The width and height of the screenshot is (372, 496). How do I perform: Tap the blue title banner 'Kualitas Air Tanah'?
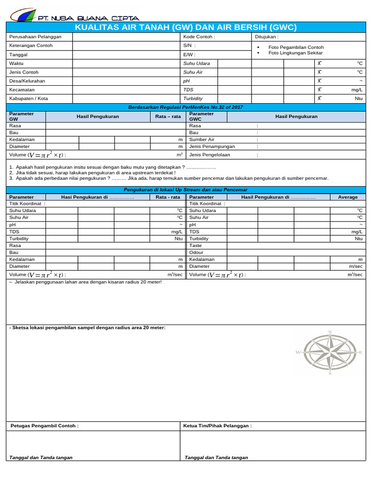[186, 27]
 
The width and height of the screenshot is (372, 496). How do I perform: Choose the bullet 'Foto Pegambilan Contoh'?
[296, 47]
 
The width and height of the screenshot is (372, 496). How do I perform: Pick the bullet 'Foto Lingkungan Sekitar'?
[295, 53]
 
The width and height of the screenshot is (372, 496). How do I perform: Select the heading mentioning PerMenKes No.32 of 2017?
[186, 107]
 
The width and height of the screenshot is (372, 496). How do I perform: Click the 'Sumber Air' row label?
[201, 139]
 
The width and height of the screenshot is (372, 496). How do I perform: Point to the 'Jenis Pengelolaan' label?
[210, 155]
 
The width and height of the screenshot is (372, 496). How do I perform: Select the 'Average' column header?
[348, 197]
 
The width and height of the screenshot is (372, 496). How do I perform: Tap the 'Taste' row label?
[196, 246]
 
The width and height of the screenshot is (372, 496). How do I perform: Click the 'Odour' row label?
[196, 252]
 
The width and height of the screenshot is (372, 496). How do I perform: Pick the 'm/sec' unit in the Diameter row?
[355, 266]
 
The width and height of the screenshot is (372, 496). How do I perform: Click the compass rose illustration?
[330, 353]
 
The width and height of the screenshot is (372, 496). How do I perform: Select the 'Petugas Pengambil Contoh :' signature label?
[45, 426]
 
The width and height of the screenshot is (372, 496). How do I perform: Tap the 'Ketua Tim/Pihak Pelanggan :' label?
[217, 426]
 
